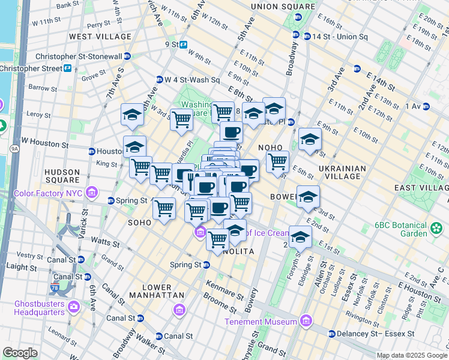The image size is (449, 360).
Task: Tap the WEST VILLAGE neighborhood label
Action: tap(100, 37)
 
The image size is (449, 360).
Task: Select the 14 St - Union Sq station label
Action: tap(339, 37)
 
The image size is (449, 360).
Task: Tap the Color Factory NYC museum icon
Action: tap(92, 193)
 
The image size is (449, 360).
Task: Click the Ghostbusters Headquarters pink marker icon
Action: tap(74, 307)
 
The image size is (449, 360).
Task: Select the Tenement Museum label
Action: tap(262, 322)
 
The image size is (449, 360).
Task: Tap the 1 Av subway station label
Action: tap(414, 106)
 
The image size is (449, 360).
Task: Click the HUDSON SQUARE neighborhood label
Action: tap(62, 176)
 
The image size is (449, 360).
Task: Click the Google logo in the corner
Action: tap(20, 353)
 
